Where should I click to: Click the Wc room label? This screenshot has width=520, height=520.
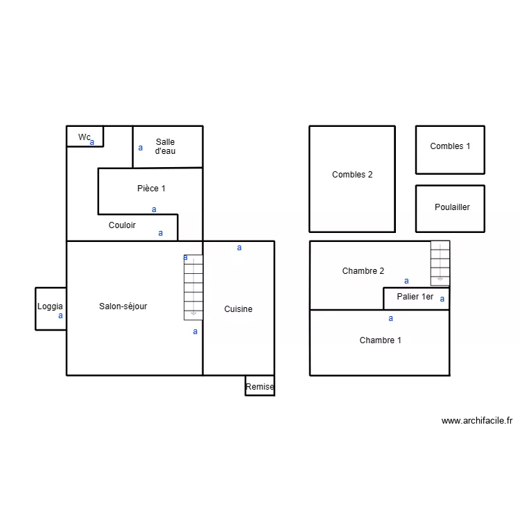84,137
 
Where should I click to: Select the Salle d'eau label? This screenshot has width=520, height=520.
165,146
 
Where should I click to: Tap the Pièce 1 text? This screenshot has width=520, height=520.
151,189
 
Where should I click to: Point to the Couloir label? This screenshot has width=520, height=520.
122,225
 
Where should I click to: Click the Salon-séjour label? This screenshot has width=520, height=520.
123,306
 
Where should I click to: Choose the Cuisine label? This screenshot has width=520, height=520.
238,309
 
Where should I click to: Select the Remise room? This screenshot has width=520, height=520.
260,387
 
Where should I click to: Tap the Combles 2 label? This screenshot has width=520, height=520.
352,175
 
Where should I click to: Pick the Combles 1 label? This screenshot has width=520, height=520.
450,146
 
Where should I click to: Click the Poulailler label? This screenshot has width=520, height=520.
452,207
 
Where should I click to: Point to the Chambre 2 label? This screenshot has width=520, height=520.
363,271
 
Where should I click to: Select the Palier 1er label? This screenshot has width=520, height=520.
415,297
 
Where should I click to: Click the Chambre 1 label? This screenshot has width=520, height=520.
380,340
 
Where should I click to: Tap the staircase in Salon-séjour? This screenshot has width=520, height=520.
193,287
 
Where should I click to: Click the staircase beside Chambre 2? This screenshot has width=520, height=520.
440,263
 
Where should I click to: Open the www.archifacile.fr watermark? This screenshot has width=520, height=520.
476,420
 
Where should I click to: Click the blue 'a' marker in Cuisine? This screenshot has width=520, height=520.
239,248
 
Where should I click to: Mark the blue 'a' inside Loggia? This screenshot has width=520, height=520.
60,315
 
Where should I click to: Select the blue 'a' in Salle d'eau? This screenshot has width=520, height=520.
140,148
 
